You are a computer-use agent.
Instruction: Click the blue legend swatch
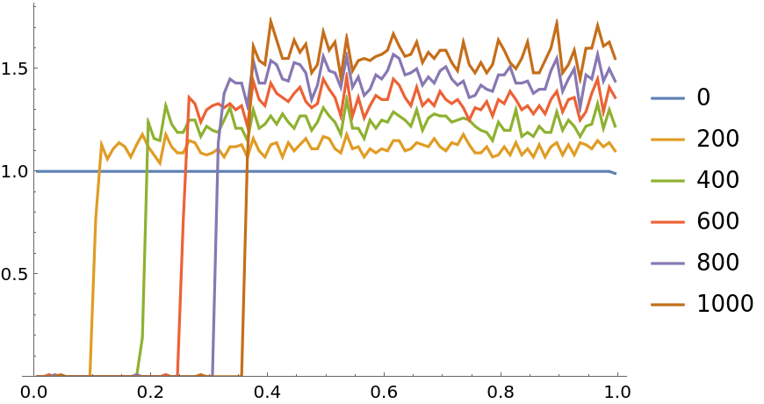point(667,98)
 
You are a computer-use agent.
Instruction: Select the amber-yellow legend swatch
point(667,140)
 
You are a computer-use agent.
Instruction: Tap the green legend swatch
point(667,181)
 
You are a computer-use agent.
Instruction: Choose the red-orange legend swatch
point(667,222)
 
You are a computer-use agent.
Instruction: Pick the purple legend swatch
point(667,263)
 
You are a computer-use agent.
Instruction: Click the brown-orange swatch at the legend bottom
point(667,305)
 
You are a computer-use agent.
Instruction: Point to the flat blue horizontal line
point(351,171)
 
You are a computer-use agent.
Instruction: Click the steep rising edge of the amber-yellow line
point(94,263)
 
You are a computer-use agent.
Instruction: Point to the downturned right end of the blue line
point(615,173)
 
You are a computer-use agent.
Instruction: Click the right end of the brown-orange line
point(616,60)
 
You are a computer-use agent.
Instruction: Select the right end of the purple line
point(616,82)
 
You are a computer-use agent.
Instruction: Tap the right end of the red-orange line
point(616,97)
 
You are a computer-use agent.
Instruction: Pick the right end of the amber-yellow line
point(616,151)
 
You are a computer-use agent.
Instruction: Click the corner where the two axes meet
point(34,376)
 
